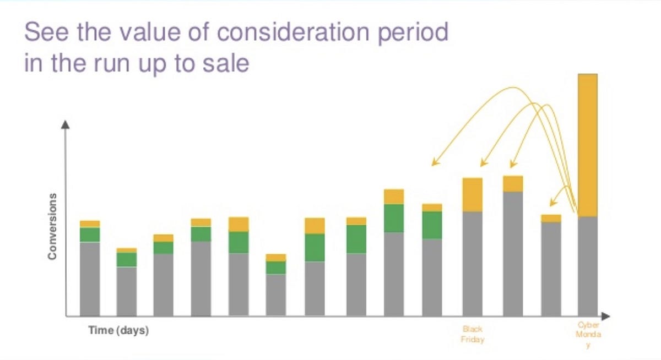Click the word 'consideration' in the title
click(x=293, y=32)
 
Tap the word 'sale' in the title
click(x=226, y=63)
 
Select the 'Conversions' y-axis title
click(x=52, y=226)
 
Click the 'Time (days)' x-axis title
click(x=118, y=330)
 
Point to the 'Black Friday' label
click(x=473, y=334)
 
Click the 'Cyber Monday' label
click(x=588, y=335)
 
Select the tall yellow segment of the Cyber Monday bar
click(x=588, y=145)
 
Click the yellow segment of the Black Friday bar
click(x=473, y=195)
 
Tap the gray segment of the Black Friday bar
click(x=473, y=264)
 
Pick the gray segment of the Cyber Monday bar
click(x=588, y=266)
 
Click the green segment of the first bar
click(x=90, y=235)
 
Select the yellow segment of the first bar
click(x=90, y=224)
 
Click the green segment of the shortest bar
click(x=276, y=268)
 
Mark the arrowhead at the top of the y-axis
click(x=65, y=125)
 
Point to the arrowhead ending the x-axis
click(x=605, y=317)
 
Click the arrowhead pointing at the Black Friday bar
click(x=484, y=163)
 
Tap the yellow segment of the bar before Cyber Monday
click(x=551, y=219)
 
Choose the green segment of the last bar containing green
click(x=432, y=225)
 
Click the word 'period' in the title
click(x=413, y=33)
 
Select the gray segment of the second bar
click(x=127, y=292)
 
